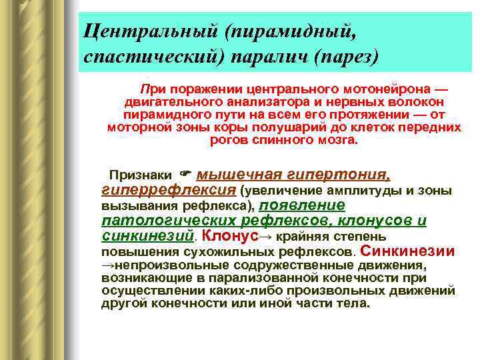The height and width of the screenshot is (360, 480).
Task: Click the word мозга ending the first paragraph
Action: point(338,140)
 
